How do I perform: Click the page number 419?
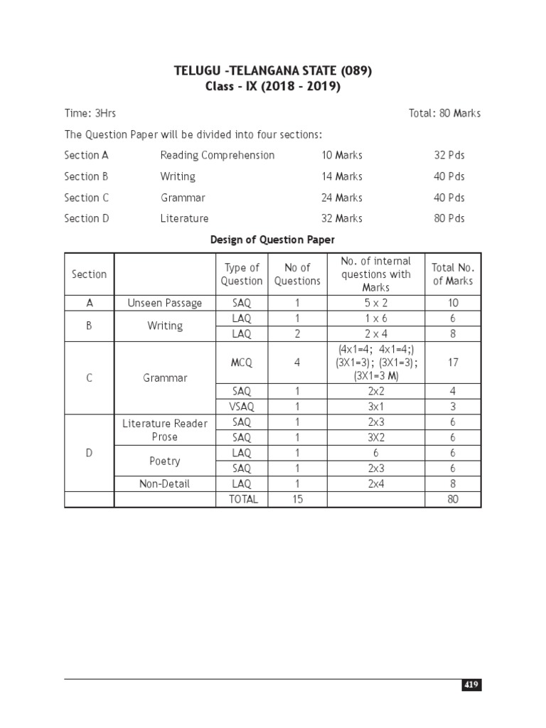(471, 685)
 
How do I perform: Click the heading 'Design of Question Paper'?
(272, 240)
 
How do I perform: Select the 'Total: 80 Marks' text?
(444, 113)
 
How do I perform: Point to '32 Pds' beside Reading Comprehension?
(449, 155)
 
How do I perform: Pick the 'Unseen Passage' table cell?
(165, 303)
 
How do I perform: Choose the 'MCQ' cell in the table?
(242, 363)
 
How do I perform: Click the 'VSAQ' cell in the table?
(242, 407)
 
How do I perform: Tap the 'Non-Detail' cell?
(165, 483)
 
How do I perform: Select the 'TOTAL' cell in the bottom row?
(243, 499)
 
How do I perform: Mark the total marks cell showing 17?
(453, 363)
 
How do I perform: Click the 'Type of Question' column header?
(242, 274)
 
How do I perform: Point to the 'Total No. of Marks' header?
(453, 274)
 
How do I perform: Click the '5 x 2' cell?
(375, 303)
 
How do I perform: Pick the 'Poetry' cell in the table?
(165, 461)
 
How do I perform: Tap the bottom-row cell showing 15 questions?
(297, 499)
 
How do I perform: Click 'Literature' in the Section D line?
(185, 218)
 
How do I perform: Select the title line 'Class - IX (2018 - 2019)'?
(273, 87)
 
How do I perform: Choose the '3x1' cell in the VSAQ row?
(375, 407)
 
